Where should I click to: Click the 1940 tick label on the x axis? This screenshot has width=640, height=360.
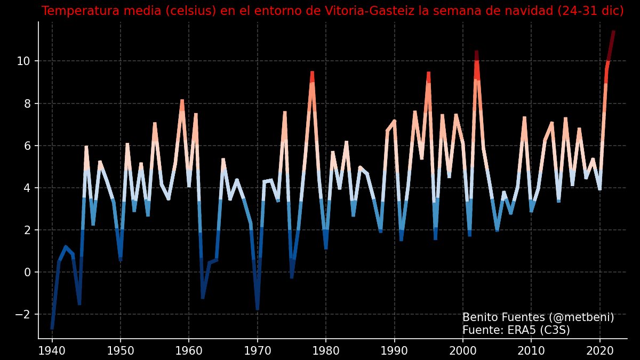[x=52, y=350]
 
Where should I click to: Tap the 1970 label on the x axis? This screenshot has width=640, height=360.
[x=258, y=350]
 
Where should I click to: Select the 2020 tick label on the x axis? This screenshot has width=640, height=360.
[x=600, y=350]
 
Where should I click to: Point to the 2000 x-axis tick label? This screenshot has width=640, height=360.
[x=463, y=350]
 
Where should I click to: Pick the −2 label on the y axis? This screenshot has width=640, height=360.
[x=22, y=315]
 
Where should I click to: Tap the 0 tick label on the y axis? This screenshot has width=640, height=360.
[x=28, y=273]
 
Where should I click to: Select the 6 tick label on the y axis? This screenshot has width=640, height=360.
[x=28, y=146]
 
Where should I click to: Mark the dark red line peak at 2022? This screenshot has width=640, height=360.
[x=613, y=32]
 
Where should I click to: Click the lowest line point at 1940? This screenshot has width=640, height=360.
[x=52, y=328]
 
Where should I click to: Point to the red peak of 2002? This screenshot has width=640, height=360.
[x=476, y=52]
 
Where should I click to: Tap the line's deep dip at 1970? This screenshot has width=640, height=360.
[x=258, y=309]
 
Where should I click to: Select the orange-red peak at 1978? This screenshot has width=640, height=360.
[x=312, y=72]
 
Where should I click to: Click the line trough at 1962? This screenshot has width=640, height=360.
[x=203, y=298]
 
